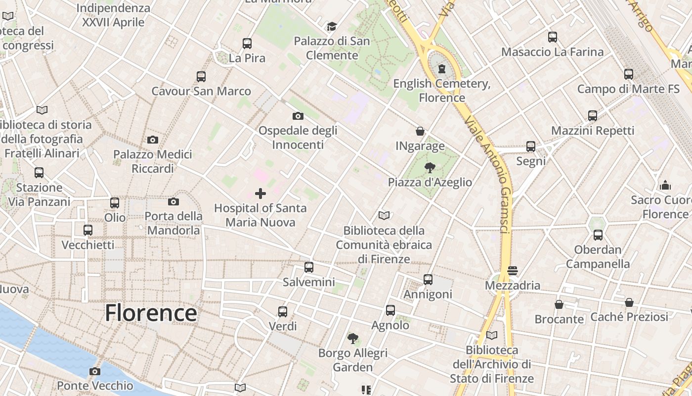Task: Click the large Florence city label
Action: pyautogui.click(x=151, y=313)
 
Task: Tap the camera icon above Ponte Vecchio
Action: pyautogui.click(x=95, y=371)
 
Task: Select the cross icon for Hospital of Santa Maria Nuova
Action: pyautogui.click(x=260, y=194)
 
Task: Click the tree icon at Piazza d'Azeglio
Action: pyautogui.click(x=430, y=167)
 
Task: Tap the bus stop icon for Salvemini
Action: pyautogui.click(x=309, y=267)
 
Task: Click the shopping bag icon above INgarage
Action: pyautogui.click(x=420, y=131)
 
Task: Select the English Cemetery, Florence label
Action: pyautogui.click(x=442, y=91)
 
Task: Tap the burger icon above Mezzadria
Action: pyautogui.click(x=512, y=271)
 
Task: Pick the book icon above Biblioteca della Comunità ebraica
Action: pyautogui.click(x=384, y=215)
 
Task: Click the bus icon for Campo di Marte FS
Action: pyautogui.click(x=629, y=74)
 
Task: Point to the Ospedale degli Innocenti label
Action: pyautogui.click(x=298, y=138)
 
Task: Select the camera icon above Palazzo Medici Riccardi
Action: pyautogui.click(x=153, y=140)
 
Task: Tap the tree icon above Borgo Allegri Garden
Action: pyautogui.click(x=352, y=339)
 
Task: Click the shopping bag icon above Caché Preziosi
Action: pyautogui.click(x=629, y=302)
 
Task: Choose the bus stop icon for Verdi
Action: pyautogui.click(x=283, y=311)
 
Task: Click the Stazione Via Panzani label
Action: pyautogui.click(x=40, y=195)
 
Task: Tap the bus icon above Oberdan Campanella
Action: pyautogui.click(x=598, y=235)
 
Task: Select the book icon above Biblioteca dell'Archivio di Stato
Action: pyautogui.click(x=491, y=335)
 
